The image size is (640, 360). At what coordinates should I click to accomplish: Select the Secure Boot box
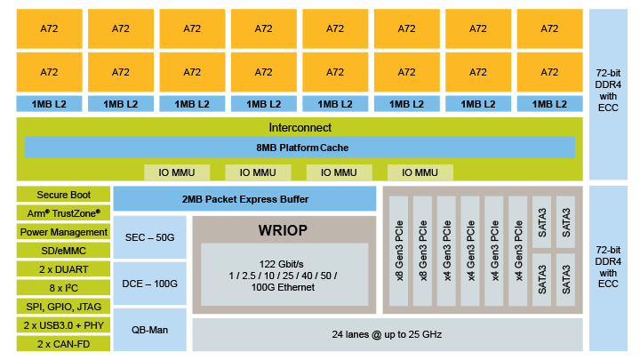(62, 195)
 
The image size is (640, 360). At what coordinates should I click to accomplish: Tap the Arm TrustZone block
(62, 213)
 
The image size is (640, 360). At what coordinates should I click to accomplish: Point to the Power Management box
(62, 232)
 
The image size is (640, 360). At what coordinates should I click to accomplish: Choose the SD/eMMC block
(62, 251)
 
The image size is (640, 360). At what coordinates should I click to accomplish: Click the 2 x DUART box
(62, 269)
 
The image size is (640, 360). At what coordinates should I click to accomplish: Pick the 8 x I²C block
(62, 288)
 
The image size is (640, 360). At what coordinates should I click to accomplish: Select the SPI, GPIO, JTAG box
(62, 307)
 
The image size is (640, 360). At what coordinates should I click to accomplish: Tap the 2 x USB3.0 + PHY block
(62, 325)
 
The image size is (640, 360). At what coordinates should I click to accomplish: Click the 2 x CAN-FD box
(62, 343)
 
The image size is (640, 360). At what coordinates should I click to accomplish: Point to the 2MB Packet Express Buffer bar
(244, 199)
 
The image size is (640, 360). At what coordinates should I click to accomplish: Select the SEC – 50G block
(149, 236)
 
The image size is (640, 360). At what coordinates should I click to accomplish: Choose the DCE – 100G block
(149, 283)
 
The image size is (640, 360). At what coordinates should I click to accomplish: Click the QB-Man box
(149, 329)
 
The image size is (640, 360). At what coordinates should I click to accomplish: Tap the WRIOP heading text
(283, 230)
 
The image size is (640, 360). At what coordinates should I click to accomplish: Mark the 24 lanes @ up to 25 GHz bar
(387, 334)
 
